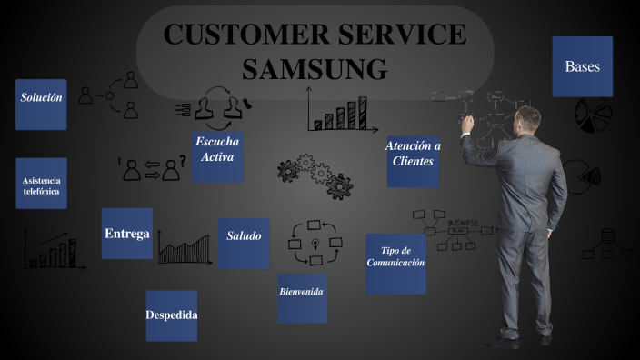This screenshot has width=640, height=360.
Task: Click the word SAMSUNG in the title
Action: pyautogui.click(x=315, y=68)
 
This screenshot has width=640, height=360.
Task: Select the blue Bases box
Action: pyautogui.click(x=582, y=66)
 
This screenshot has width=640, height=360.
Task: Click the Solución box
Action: pyautogui.click(x=42, y=97)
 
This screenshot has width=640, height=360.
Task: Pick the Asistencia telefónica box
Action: pyautogui.click(x=41, y=185)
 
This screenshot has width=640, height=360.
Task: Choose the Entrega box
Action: pyautogui.click(x=126, y=234)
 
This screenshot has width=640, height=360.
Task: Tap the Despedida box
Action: pyautogui.click(x=171, y=315)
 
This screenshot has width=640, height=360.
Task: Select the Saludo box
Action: pyautogui.click(x=244, y=236)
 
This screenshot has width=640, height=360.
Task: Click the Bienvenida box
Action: pyautogui.click(x=302, y=292)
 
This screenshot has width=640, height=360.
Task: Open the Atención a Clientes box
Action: pyautogui.click(x=413, y=154)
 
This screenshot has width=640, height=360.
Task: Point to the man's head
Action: pyautogui.click(x=526, y=119)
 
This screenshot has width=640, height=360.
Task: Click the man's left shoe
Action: pyautogui.click(x=500, y=341)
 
